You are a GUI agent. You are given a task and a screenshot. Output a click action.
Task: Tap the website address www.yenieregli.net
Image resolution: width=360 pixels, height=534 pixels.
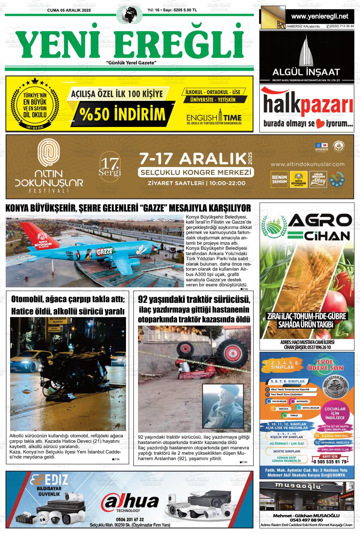tap(320, 16)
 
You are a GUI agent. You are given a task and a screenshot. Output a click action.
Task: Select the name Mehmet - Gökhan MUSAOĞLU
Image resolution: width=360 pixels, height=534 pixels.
tap(306, 516)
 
